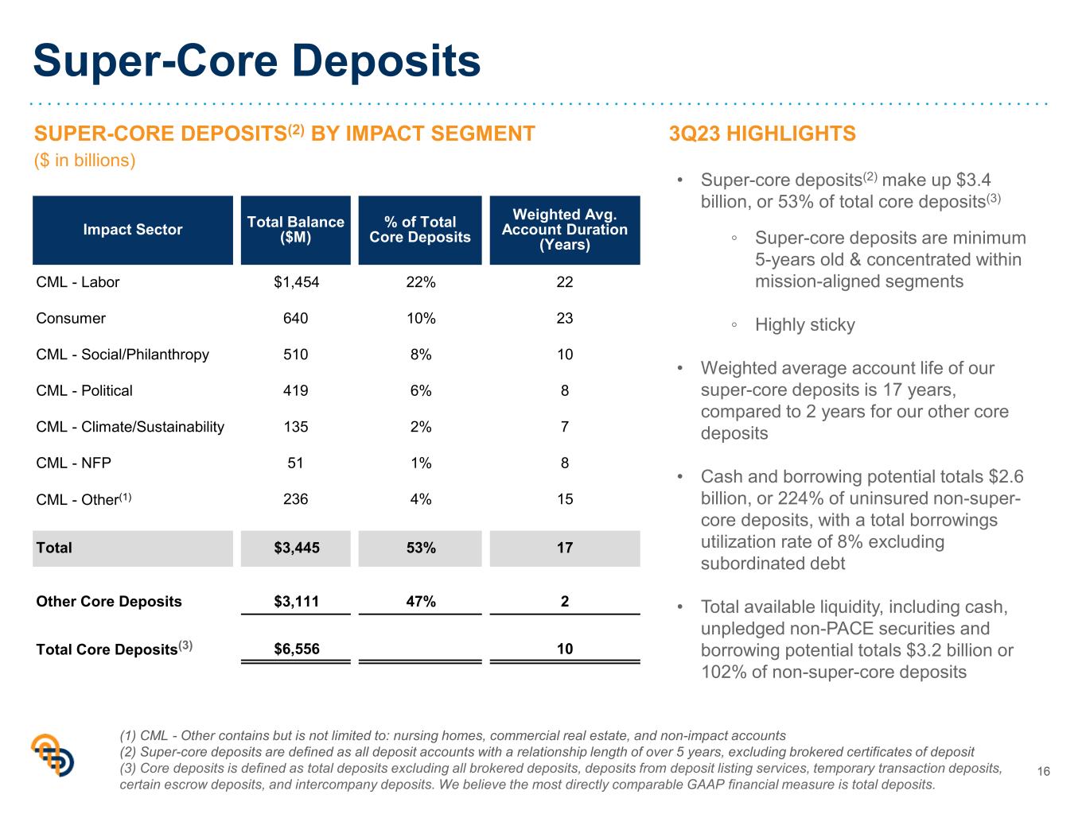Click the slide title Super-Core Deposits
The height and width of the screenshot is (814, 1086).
[257, 61]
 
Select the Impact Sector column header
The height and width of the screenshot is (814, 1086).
[133, 230]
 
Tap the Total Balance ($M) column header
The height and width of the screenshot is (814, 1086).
[296, 230]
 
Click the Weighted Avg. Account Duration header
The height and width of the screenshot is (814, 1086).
[565, 230]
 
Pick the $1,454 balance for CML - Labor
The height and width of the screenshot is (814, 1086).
[296, 282]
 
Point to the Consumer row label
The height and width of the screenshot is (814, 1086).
[71, 318]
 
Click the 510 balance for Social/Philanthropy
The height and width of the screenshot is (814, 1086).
[295, 355]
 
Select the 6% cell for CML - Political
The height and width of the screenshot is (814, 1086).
[421, 390]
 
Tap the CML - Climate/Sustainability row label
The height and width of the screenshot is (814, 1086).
[130, 427]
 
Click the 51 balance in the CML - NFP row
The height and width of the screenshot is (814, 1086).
[295, 463]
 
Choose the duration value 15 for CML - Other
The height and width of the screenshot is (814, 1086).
[565, 499]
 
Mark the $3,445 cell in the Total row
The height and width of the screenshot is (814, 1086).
[296, 548]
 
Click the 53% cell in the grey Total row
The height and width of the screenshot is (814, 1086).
[421, 548]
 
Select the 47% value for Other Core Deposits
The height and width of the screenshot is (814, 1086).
[421, 602]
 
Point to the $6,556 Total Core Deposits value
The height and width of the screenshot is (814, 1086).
[296, 649]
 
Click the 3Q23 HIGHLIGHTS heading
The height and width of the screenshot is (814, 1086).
[762, 134]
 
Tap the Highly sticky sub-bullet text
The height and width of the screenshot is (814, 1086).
[805, 325]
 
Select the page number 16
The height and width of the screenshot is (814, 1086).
[1044, 772]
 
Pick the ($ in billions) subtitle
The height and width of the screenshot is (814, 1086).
[84, 161]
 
